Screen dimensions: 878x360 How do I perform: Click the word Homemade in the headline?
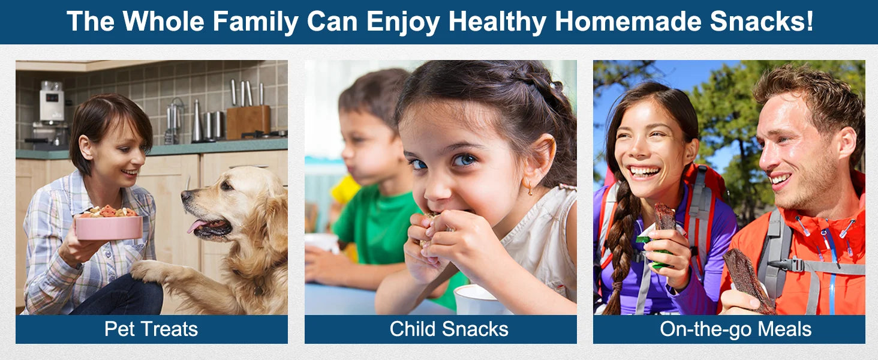[628, 21]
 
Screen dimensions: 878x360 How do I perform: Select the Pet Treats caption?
[151, 329]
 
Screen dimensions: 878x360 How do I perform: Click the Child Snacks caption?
[449, 329]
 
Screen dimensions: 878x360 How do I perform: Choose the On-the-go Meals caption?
[736, 329]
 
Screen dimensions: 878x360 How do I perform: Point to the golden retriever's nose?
[186, 195]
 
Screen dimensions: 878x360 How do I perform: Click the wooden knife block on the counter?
[248, 122]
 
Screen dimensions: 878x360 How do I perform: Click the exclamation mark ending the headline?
[809, 21]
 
